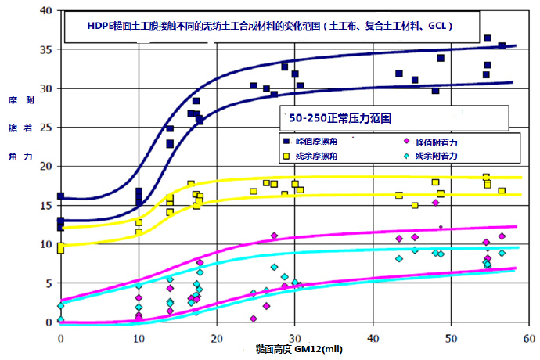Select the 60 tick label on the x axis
528,337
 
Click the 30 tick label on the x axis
294,337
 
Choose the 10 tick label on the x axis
139,337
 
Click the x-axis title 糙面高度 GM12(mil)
300,348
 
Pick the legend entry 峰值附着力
437,141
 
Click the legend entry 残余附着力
437,157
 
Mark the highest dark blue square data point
488,38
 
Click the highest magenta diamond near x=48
436,203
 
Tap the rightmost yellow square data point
502,191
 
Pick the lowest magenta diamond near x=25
254,319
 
